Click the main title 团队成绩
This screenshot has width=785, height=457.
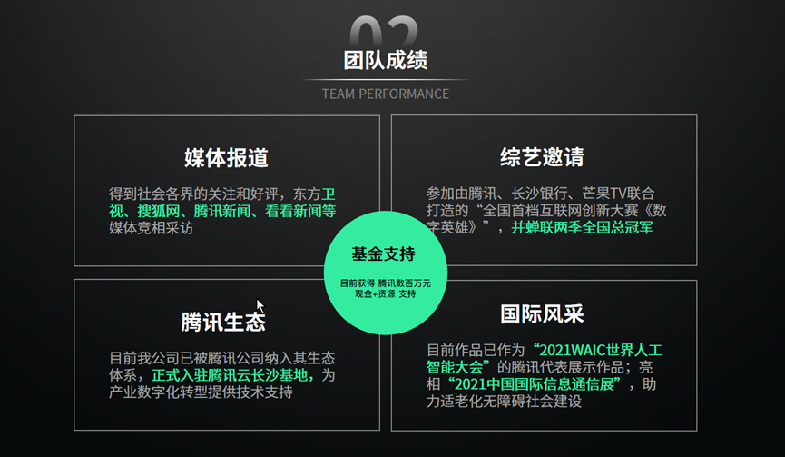(x=385, y=60)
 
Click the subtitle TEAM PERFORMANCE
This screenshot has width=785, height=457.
(x=385, y=94)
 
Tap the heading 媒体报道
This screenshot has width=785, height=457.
(x=226, y=157)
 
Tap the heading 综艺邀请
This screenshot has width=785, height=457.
(x=542, y=157)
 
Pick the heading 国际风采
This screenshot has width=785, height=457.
(x=542, y=314)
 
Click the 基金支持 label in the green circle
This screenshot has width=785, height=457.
(x=384, y=253)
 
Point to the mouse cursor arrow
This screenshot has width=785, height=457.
(x=260, y=306)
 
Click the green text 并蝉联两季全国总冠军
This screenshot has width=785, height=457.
(x=582, y=228)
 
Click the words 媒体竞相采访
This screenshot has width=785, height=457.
(x=151, y=228)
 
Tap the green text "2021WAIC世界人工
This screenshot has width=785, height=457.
(x=599, y=349)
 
